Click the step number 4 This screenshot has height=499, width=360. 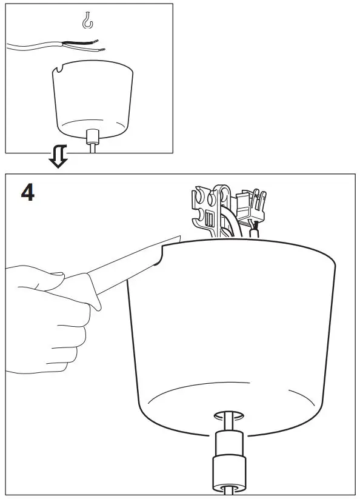point(28,193)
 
